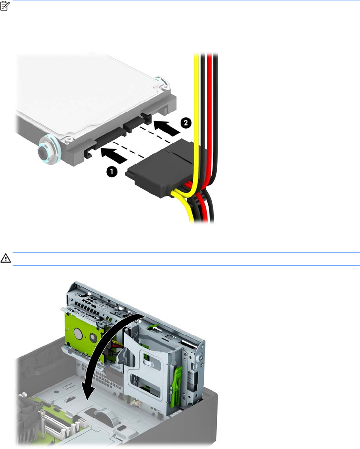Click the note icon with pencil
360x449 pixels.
pyautogui.click(x=5, y=6)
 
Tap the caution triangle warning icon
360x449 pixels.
pyautogui.click(x=5, y=258)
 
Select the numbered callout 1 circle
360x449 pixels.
pyautogui.click(x=112, y=172)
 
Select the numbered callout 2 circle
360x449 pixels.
pyautogui.click(x=186, y=123)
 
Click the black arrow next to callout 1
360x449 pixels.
pyautogui.click(x=114, y=155)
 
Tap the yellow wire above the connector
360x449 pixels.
pyautogui.click(x=196, y=100)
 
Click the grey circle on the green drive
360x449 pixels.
pyautogui.click(x=79, y=332)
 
